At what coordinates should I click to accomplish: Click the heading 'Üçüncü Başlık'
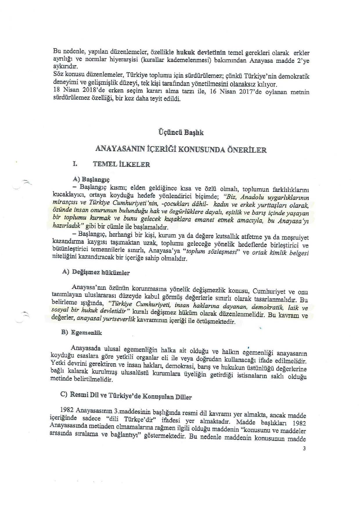180,133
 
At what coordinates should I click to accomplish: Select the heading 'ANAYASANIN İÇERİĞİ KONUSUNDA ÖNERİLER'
181,150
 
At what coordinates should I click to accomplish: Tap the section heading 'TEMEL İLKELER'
121,164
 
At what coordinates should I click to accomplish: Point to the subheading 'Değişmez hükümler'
100,273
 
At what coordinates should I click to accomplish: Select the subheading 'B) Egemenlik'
82,332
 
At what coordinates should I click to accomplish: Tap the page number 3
304,448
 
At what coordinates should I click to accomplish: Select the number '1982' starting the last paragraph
66,410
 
